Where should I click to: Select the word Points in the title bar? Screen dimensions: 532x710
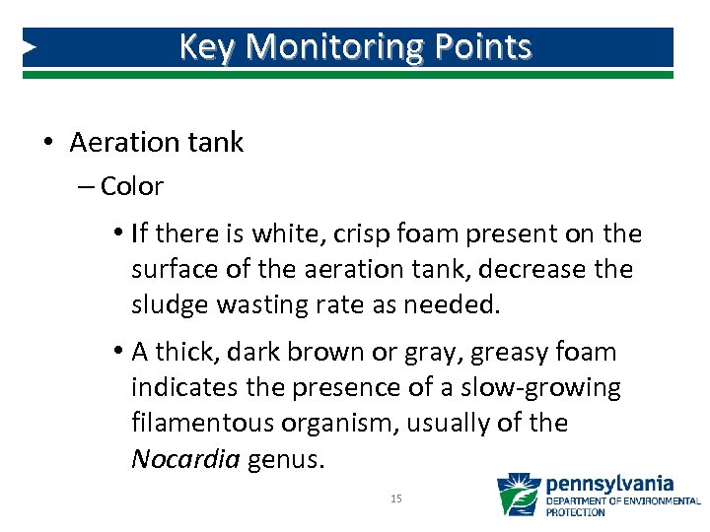point(486,46)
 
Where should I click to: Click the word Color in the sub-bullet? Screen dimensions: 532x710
point(132,185)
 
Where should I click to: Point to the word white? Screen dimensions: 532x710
point(287,233)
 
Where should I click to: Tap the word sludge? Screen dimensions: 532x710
point(170,304)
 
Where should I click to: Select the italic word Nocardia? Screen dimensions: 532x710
point(185,458)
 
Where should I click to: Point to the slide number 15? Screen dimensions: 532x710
point(396,499)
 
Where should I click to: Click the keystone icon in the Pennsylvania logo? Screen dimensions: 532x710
point(518,496)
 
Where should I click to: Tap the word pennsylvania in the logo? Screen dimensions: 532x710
point(609,484)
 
